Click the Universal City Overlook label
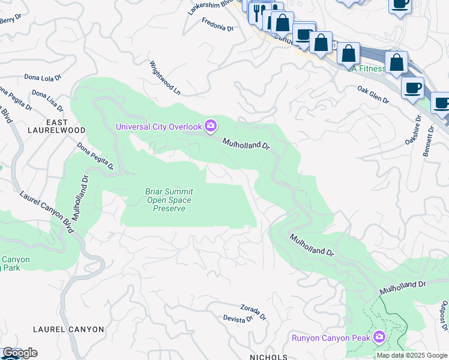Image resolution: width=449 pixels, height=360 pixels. pyautogui.click(x=159, y=127)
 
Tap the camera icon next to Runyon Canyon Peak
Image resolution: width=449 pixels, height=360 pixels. pyautogui.click(x=379, y=337)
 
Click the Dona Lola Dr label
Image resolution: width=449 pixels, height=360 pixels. pyautogui.click(x=43, y=77)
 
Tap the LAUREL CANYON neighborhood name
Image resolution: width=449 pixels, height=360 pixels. pyautogui.click(x=68, y=329)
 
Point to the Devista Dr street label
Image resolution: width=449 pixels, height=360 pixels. pyautogui.click(x=238, y=319)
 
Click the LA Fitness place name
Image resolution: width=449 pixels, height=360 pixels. pyautogui.click(x=367, y=68)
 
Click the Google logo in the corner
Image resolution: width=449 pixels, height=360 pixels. pyautogui.click(x=19, y=353)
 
